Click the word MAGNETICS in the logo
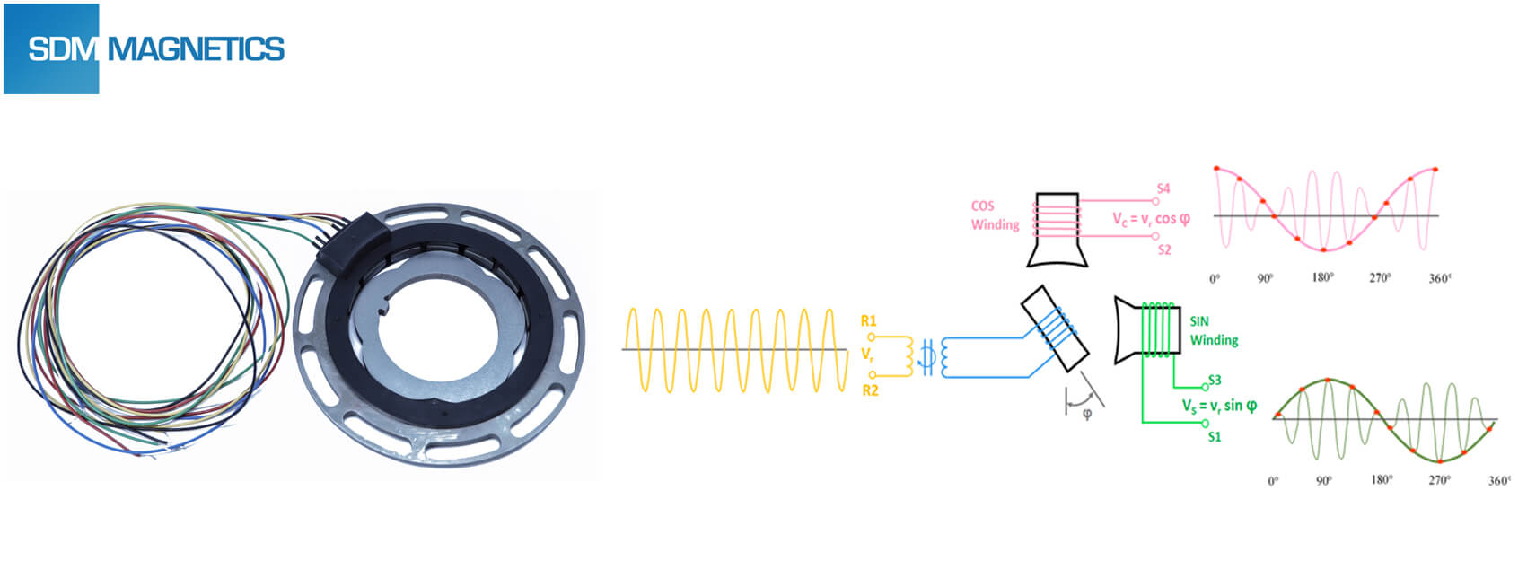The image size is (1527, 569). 196,49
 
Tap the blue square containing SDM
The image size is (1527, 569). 52,49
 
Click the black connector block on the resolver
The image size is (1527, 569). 356,237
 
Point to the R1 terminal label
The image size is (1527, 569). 868,320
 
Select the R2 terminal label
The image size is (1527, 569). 869,390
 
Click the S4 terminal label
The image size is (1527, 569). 1163,188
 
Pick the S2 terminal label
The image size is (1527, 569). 1164,249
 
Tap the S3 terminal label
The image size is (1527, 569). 1215,380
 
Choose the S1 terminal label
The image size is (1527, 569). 1215,437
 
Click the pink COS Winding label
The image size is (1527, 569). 995,215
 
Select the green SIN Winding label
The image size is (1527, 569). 1214,330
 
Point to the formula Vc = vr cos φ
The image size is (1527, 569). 1151,219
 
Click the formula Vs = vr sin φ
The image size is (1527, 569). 1219,406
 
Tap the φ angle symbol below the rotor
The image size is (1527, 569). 1087,414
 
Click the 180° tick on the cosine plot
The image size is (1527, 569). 1322,278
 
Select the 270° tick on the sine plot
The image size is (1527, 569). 1439,480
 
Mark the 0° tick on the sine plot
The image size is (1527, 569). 1273,481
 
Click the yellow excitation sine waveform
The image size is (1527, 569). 734,349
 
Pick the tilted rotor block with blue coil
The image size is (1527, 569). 1055,328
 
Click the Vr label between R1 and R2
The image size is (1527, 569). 867,355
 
